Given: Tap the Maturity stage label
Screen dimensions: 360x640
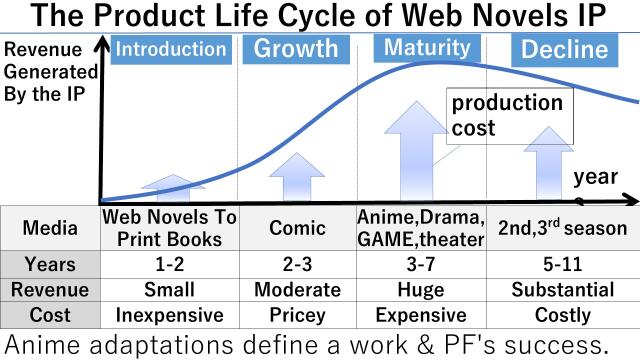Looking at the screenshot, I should tap(426, 48).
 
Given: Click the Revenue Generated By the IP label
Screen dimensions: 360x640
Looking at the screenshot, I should tap(49, 73).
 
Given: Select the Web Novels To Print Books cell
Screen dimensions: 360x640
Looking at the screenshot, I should tap(169, 228).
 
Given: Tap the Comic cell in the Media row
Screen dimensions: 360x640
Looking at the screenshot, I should tap(297, 228).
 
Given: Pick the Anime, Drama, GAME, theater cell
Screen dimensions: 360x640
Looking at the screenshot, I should tap(426, 228).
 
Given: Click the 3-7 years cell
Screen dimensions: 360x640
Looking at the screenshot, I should tap(426, 265).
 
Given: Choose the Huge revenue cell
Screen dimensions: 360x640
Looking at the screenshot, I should tap(426, 290).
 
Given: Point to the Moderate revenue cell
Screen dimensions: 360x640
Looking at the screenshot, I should tap(297, 290).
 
